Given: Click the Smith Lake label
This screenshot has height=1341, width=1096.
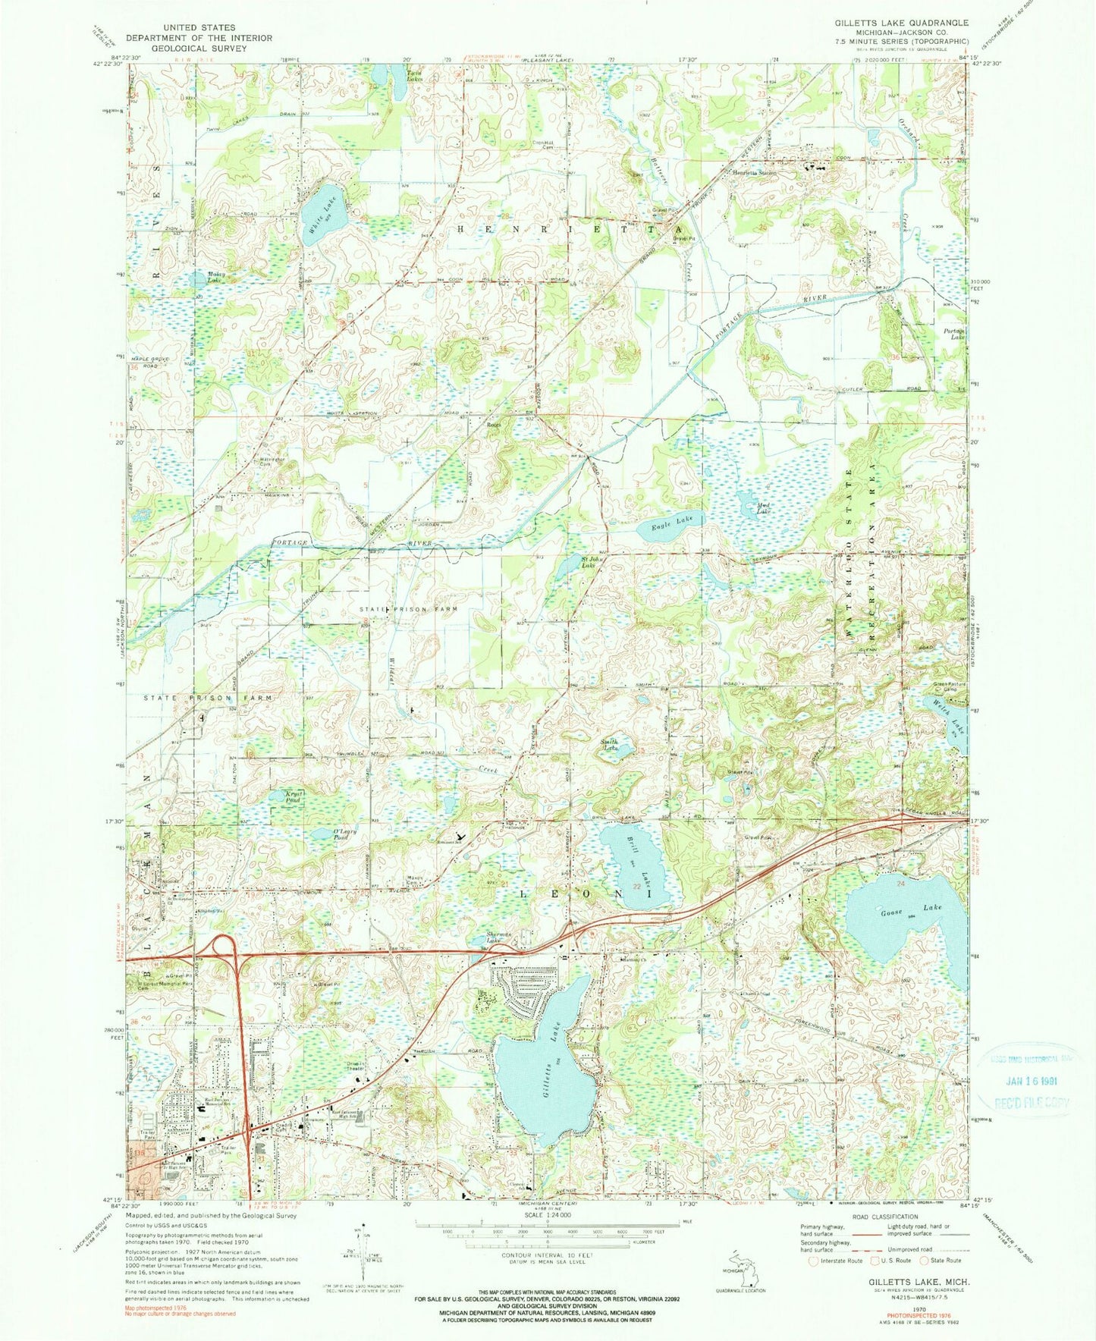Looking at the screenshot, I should pos(611,746).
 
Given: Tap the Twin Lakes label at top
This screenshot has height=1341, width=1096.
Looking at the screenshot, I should pos(414,75).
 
